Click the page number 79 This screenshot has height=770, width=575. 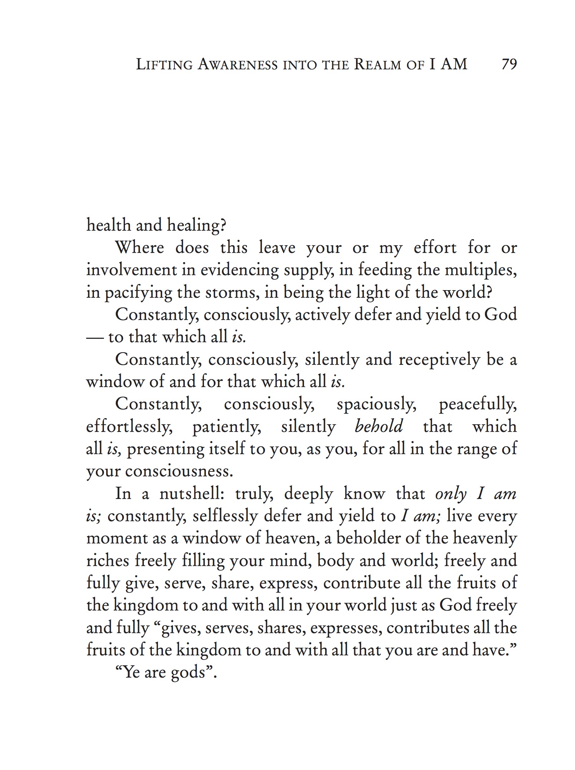coord(509,64)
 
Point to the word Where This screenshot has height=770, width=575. coord(140,248)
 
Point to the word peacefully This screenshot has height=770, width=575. coord(478,404)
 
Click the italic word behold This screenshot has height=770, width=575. coord(379,426)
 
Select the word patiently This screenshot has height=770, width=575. coord(227,427)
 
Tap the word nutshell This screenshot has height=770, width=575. coord(194,494)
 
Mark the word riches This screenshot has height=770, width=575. coord(108,561)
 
